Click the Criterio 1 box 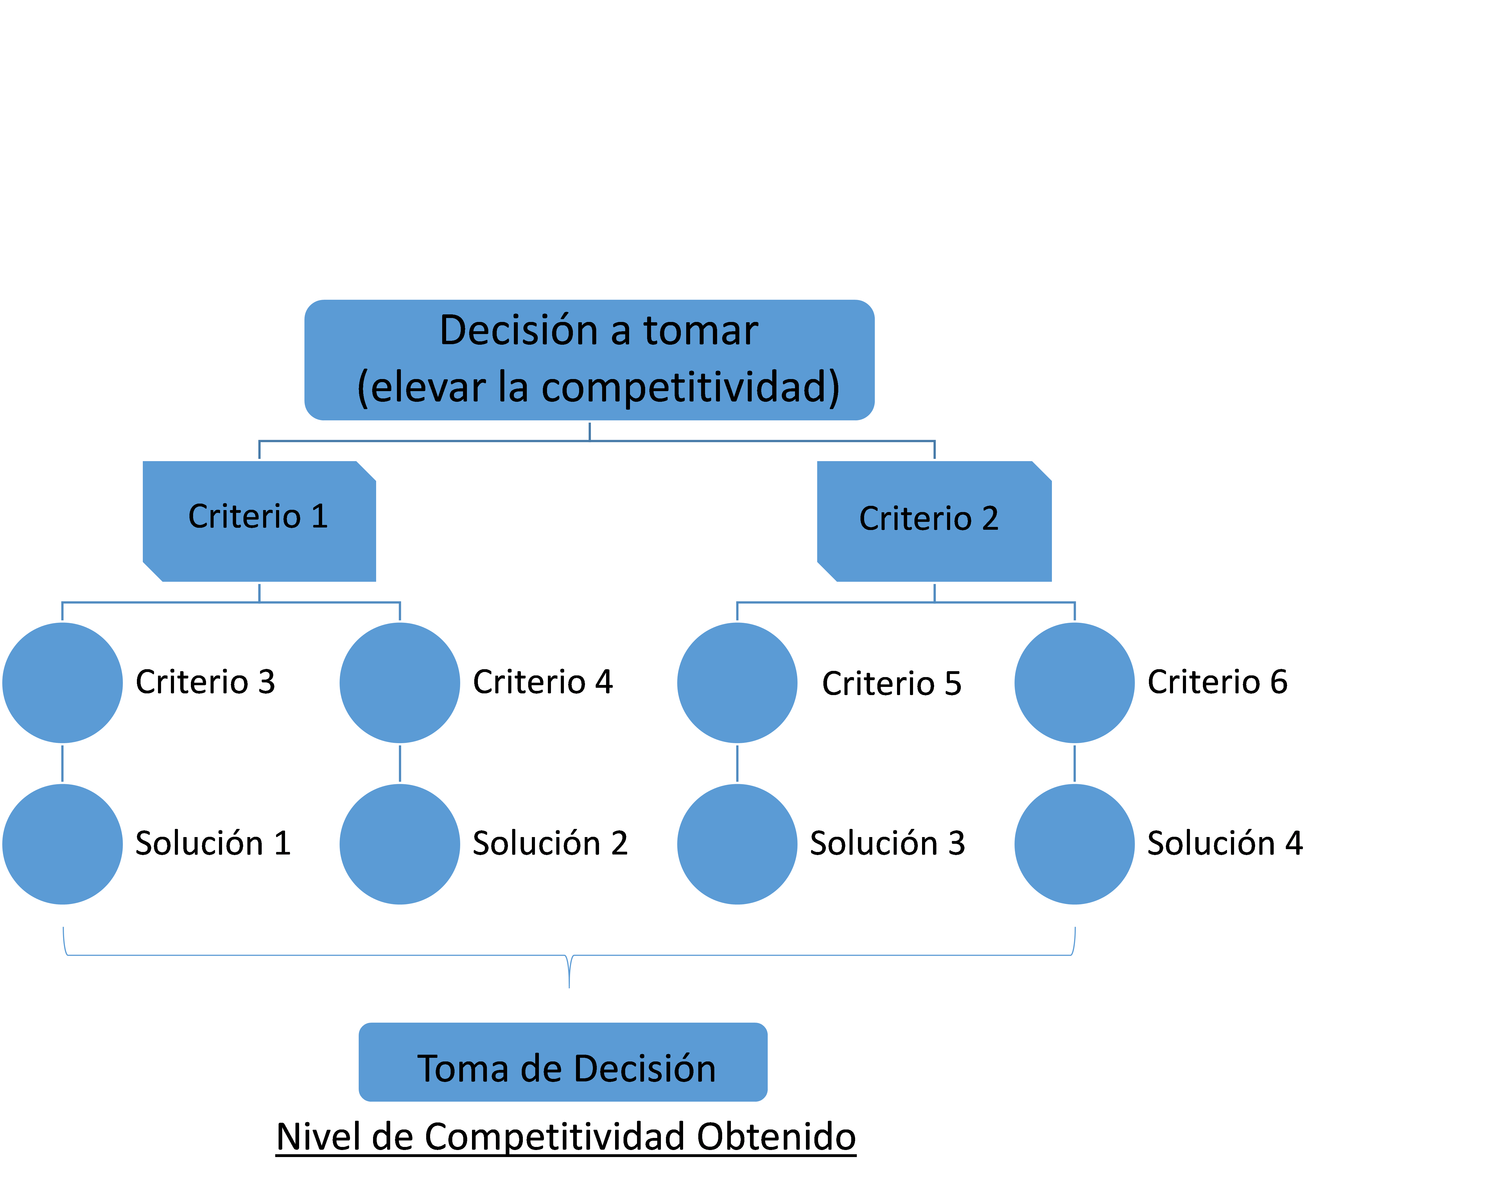pyautogui.click(x=259, y=520)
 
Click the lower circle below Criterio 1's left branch pyautogui.click(x=63, y=844)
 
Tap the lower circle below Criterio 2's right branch pyautogui.click(x=1075, y=844)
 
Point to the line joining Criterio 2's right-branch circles pyautogui.click(x=1075, y=763)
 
